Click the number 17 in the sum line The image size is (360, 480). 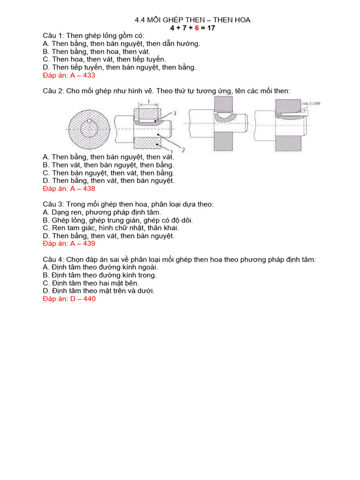tap(210, 28)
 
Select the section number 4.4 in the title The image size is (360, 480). tap(140, 20)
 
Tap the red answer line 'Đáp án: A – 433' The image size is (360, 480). tap(69, 75)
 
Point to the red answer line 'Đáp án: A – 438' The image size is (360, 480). tap(69, 188)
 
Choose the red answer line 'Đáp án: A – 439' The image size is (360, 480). tap(69, 244)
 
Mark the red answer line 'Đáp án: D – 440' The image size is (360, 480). tap(69, 299)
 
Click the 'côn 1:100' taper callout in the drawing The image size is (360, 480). tap(311, 104)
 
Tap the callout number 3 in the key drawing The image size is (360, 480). tap(174, 113)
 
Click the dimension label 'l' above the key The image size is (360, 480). tap(148, 101)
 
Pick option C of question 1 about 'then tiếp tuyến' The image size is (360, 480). tap(104, 59)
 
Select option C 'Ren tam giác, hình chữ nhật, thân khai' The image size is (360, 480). tap(111, 228)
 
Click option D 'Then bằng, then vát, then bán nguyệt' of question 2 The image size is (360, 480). tap(108, 180)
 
